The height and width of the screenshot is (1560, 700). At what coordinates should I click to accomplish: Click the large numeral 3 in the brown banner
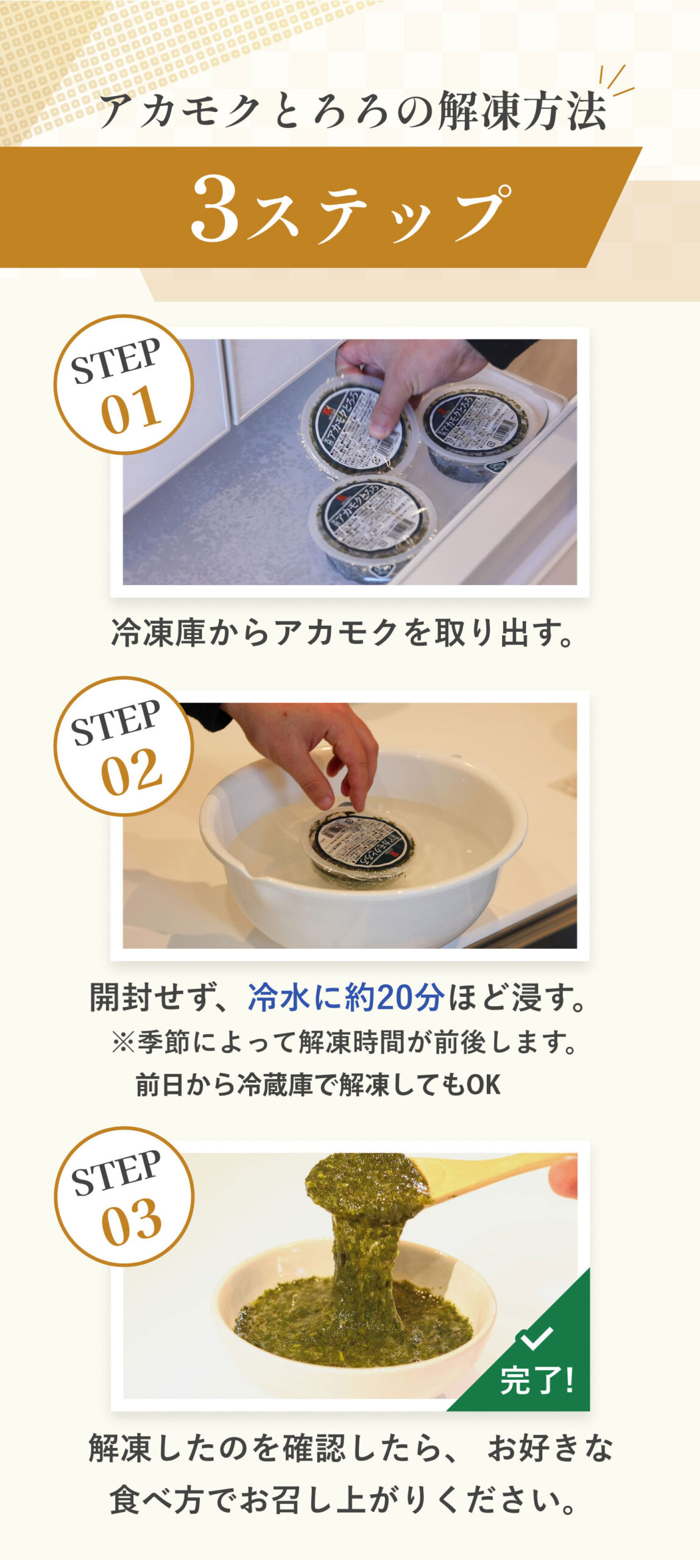(215, 208)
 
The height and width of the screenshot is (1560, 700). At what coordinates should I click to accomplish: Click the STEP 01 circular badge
(124, 385)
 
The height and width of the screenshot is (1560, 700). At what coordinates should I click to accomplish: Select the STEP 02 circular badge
(124, 746)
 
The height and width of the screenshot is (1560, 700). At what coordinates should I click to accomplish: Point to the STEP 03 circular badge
(124, 1196)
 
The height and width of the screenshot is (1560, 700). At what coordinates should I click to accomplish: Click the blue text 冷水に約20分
(345, 998)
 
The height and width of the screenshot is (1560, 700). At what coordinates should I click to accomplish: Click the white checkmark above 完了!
(535, 1338)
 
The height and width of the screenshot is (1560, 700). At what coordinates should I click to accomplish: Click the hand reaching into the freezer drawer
(402, 378)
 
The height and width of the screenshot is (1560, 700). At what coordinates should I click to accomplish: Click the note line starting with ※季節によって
(344, 1043)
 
